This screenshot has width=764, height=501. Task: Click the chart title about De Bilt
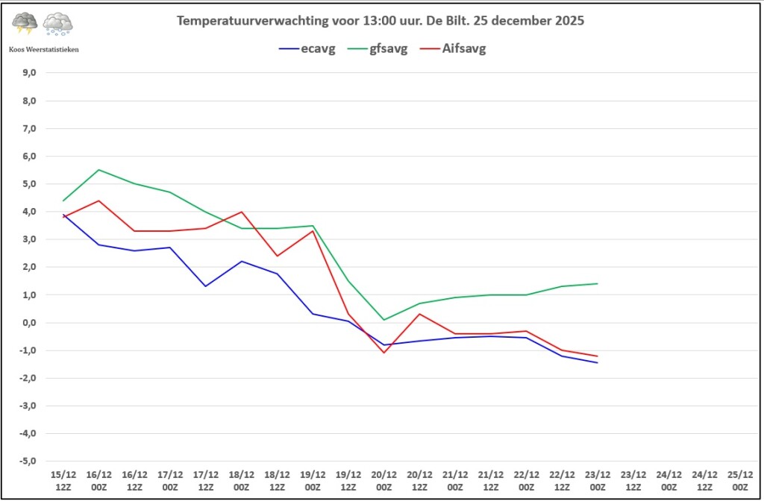pos(381,21)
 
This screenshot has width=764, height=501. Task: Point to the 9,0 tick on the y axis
pos(30,73)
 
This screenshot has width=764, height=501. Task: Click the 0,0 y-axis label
pos(30,323)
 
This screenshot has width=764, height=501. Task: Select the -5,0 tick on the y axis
pos(29,461)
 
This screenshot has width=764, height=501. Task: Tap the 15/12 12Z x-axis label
pos(63,479)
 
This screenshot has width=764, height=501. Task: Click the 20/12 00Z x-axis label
pos(384,479)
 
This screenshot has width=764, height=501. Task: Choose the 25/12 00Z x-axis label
pos(740,479)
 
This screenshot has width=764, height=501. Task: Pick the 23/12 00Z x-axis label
pos(598,479)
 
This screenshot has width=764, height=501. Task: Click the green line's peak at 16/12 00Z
pos(98,170)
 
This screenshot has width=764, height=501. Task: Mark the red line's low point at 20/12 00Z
pos(384,352)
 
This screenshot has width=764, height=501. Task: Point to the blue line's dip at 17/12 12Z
pos(206,286)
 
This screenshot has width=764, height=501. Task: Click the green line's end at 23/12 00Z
pos(598,283)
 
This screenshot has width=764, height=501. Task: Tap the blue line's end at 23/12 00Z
pos(598,362)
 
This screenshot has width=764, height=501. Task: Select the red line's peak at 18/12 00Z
pos(242,212)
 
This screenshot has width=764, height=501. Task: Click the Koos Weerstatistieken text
pos(43,49)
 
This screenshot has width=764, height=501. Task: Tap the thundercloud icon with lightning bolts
pos(25,24)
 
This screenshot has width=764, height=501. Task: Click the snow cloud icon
pos(58,24)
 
